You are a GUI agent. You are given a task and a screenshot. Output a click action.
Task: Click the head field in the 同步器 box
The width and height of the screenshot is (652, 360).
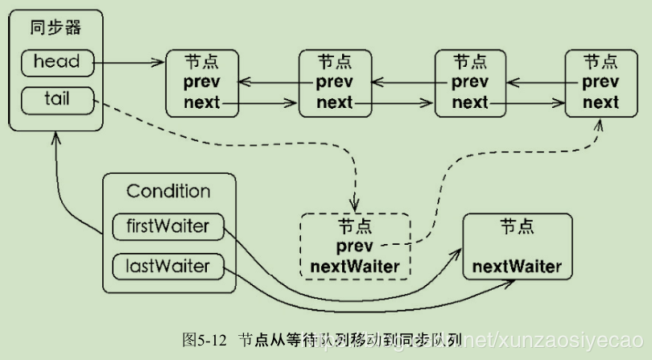(56, 61)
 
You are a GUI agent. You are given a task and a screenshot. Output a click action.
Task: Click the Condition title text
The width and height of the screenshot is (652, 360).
(168, 192)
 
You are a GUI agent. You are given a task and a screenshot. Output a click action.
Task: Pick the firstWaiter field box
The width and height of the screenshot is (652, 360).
(167, 226)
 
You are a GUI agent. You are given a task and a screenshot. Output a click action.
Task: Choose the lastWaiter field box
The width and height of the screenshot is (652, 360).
(167, 265)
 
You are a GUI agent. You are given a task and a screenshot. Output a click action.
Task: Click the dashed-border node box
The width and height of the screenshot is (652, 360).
(355, 245)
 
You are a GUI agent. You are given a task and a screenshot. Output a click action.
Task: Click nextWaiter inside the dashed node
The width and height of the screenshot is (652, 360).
(355, 265)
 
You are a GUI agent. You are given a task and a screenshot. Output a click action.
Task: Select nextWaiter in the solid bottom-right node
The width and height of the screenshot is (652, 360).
(516, 266)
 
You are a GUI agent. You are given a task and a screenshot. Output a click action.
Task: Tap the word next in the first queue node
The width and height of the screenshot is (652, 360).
(201, 102)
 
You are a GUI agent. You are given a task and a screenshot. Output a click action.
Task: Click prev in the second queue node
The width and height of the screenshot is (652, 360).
(334, 82)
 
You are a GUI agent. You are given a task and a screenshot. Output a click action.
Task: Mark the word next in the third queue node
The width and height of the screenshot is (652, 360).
(469, 102)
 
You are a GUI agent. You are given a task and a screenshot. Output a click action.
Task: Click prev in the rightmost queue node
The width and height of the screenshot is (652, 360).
(600, 82)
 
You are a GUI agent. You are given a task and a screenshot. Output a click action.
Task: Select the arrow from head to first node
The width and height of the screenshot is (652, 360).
(129, 61)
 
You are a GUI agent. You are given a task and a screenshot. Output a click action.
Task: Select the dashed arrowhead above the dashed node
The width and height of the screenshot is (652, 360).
(355, 206)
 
